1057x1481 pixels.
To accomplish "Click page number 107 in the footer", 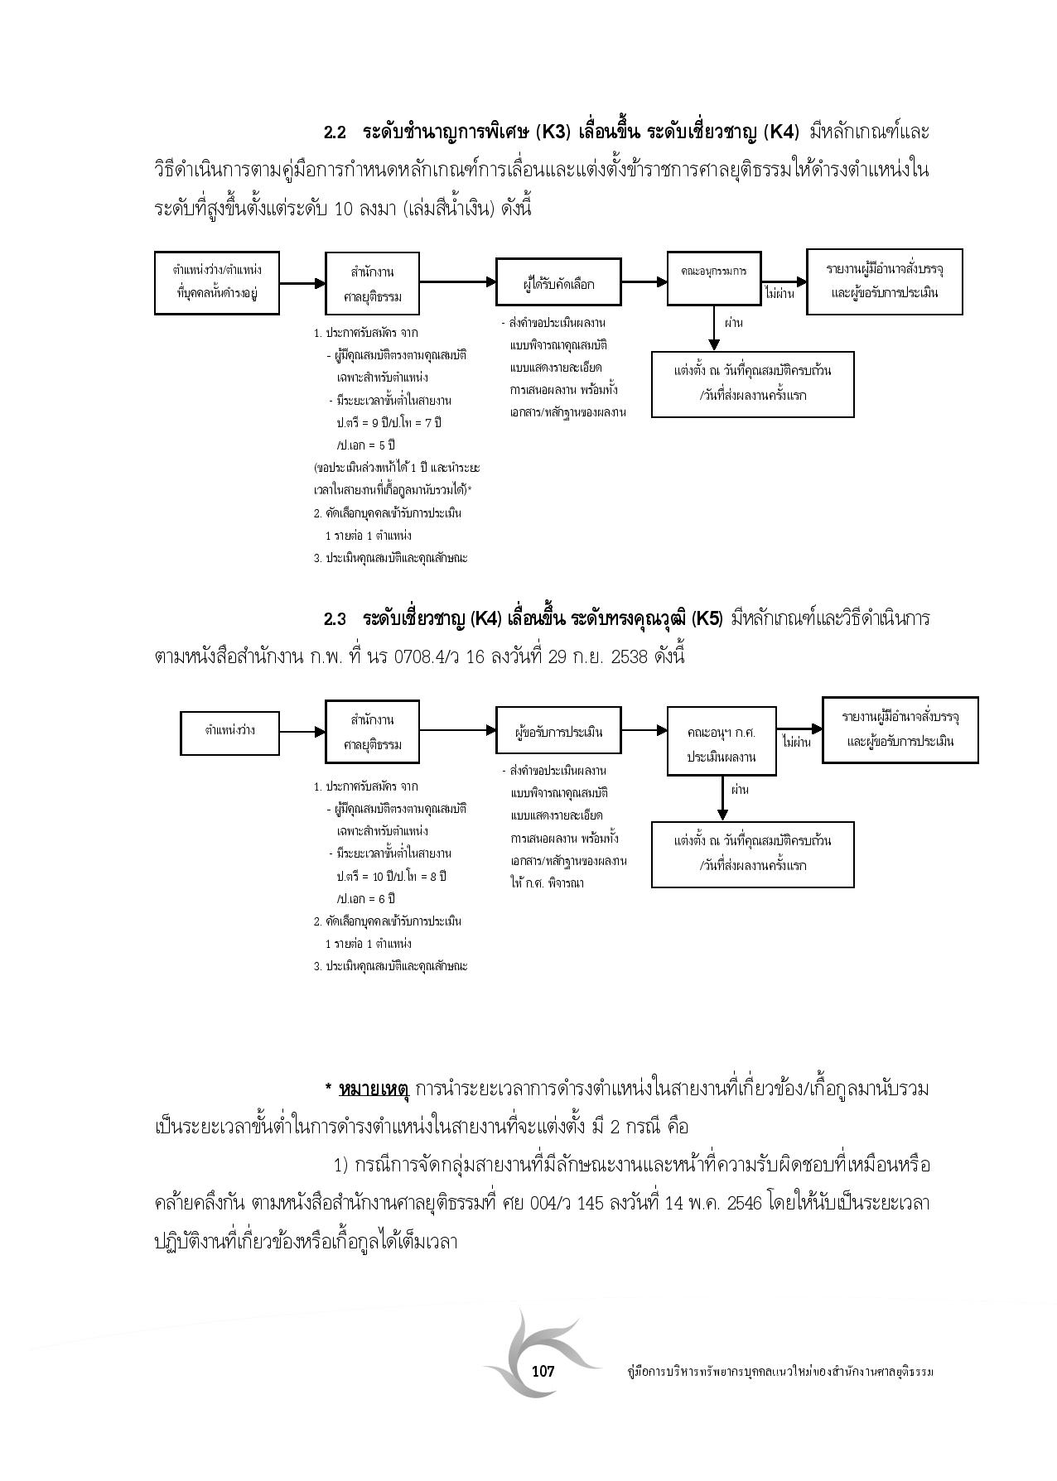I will click(x=543, y=1371).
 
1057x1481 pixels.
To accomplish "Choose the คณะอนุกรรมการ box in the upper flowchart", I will click(x=715, y=272).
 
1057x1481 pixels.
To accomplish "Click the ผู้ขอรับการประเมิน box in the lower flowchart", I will click(x=558, y=732).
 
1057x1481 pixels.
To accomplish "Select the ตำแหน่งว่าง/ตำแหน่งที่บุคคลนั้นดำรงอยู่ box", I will click(x=217, y=283).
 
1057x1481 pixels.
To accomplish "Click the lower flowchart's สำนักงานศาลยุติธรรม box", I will click(x=372, y=732).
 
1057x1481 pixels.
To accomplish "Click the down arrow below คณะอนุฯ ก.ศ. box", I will click(x=722, y=797).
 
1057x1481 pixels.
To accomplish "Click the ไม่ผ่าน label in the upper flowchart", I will click(x=780, y=294).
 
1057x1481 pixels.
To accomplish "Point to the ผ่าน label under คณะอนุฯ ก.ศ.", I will click(x=739, y=789).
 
